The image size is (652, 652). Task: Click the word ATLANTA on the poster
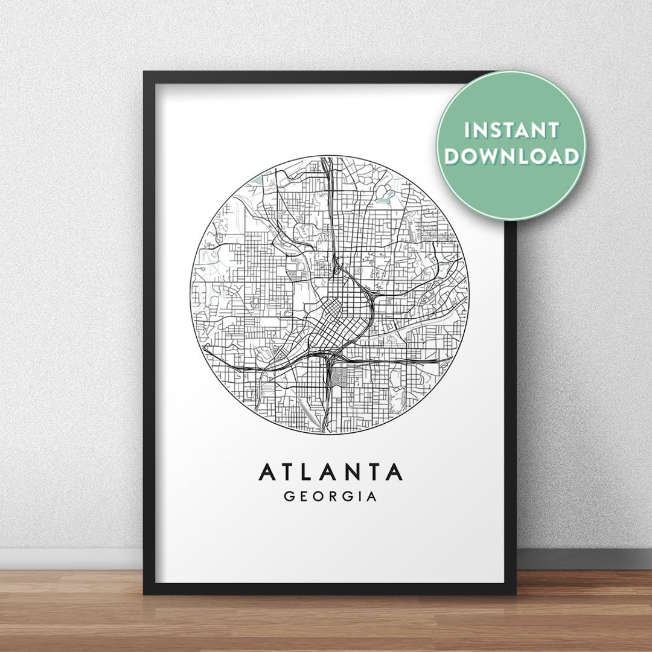click(x=330, y=472)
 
